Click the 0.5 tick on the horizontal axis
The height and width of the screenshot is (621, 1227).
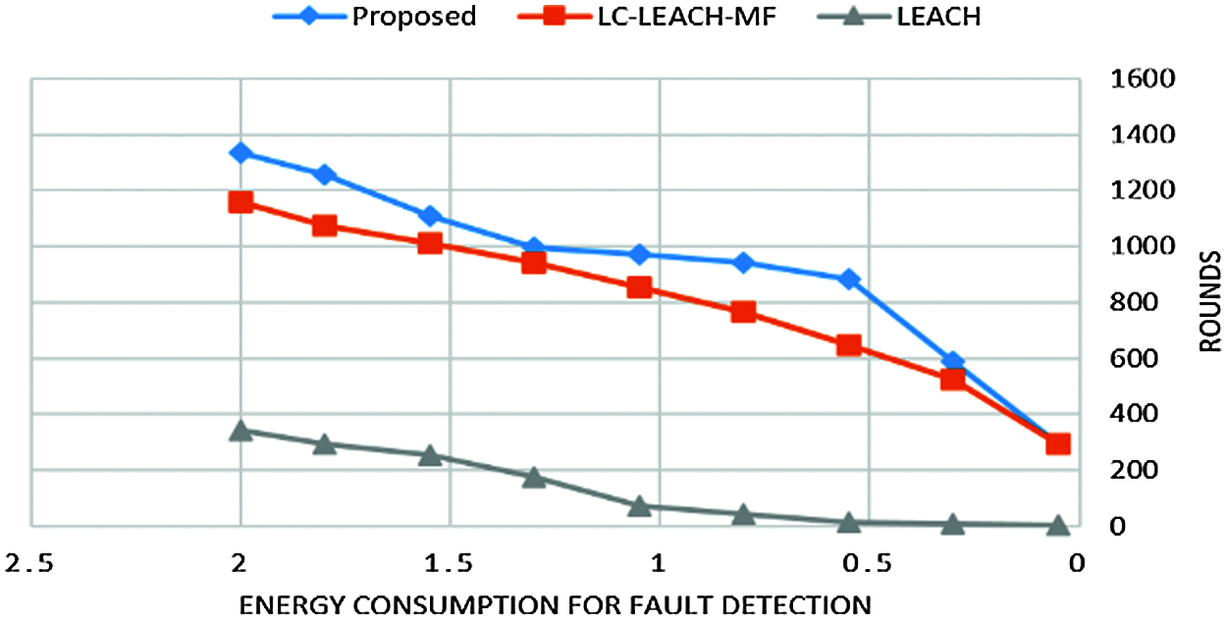tap(868, 563)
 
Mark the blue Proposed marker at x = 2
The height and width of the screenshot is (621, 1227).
tap(240, 152)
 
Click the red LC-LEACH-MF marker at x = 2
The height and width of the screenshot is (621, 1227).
tap(240, 202)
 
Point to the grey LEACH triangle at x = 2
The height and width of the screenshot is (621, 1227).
tap(240, 431)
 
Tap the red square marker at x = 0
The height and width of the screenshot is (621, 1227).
tap(1057, 443)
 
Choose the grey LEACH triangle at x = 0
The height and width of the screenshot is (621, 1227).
tap(1057, 525)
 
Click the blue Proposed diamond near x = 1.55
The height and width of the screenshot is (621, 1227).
tap(429, 216)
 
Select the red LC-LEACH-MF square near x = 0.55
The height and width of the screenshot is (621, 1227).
tap(849, 345)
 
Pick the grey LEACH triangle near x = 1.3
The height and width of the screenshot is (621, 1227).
tap(534, 478)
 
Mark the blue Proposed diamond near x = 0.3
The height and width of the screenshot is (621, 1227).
tap(952, 362)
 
